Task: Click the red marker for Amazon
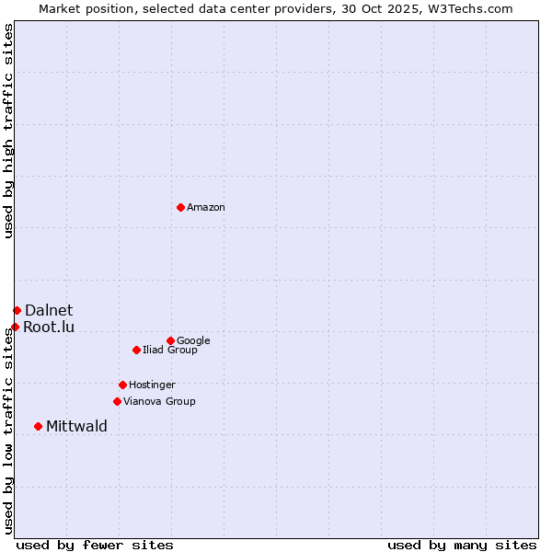click(180, 207)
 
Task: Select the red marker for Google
click(170, 340)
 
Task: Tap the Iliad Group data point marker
click(136, 350)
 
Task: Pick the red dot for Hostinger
click(122, 385)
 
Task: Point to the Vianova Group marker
click(117, 401)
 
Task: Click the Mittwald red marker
click(38, 426)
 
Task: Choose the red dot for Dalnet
click(17, 310)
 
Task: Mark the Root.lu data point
click(15, 327)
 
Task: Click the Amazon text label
click(206, 208)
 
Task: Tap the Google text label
click(193, 341)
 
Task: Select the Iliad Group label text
click(170, 351)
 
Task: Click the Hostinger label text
click(152, 385)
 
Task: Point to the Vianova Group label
click(159, 402)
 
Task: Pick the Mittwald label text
click(76, 427)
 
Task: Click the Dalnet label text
click(49, 311)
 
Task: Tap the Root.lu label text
click(49, 328)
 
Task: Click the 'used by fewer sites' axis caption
click(95, 546)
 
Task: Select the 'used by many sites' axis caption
click(462, 546)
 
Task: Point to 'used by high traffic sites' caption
click(8, 131)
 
